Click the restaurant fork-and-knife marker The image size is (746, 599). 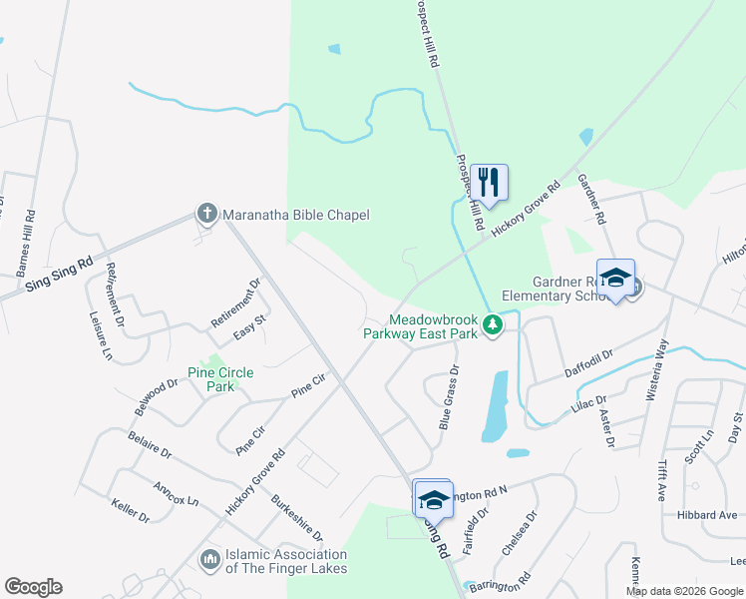[489, 182]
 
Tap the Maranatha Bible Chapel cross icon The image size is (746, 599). [206, 214]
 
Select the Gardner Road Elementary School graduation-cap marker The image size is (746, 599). [615, 277]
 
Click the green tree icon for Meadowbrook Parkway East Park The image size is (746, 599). [492, 324]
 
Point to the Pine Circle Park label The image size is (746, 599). [220, 379]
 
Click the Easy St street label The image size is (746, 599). [249, 326]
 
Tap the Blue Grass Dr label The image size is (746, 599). [448, 397]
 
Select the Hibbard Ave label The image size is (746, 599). [714, 515]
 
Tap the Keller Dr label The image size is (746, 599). [131, 510]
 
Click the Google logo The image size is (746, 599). [33, 587]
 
